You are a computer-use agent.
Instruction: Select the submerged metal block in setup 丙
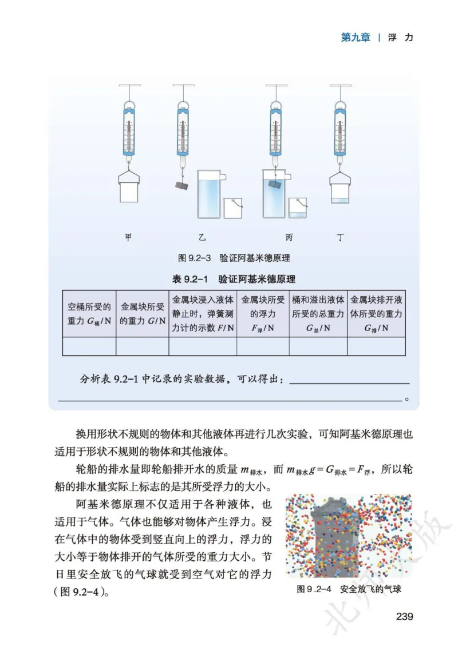tap(274, 186)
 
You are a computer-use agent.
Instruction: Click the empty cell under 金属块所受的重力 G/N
tap(142, 347)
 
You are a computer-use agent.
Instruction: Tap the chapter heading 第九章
tap(355, 38)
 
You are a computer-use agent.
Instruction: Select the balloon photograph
tap(348, 536)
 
